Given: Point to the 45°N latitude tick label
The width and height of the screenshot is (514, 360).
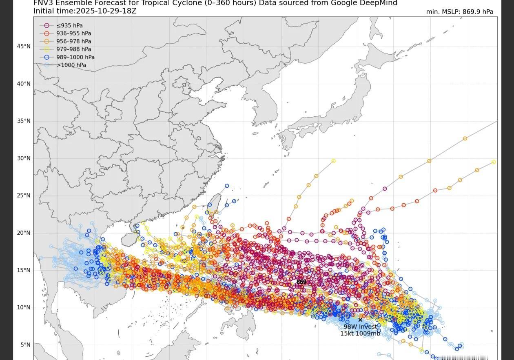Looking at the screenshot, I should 24,47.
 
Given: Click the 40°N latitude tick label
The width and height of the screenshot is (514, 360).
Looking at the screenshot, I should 24,84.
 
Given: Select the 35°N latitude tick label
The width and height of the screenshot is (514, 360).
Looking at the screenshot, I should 24,121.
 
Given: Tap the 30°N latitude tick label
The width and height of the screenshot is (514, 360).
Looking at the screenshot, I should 24,158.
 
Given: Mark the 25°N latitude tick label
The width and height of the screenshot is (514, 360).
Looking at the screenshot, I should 24,196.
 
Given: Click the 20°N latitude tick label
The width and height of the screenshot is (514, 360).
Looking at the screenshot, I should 24,233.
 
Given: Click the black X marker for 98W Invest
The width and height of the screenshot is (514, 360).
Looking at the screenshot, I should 360,320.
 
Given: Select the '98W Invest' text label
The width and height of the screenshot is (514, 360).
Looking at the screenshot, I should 360,327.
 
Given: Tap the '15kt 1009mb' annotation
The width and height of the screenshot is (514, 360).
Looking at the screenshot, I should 360,333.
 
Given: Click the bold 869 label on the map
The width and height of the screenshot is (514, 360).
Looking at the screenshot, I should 301,282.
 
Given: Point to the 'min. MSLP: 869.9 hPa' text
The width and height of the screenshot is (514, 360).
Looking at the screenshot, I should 459,12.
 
